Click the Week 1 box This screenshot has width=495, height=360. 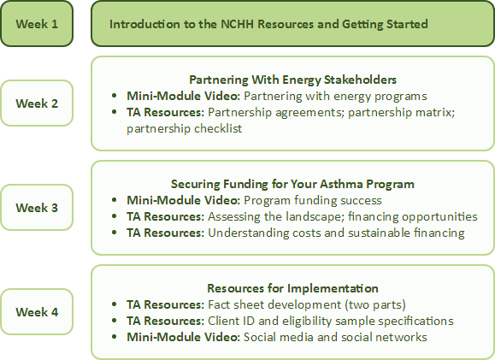click(37, 24)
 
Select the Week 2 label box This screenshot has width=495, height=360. click(37, 103)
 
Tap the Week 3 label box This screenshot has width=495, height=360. click(37, 208)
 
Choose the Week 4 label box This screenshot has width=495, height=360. click(37, 311)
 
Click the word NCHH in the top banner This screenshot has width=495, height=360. click(238, 24)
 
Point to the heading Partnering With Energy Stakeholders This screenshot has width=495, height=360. click(292, 80)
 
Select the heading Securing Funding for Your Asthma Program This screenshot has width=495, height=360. click(292, 184)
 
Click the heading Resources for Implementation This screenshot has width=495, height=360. click(292, 288)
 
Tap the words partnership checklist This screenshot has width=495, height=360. click(185, 128)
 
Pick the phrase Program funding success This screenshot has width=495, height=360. click(313, 200)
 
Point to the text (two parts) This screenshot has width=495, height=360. click(375, 304)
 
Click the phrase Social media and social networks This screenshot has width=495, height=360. click(335, 337)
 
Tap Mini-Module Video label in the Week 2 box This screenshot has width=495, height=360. click(184, 96)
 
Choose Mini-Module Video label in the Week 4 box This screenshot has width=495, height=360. click(184, 337)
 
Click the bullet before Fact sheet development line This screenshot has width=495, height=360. click(115, 304)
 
